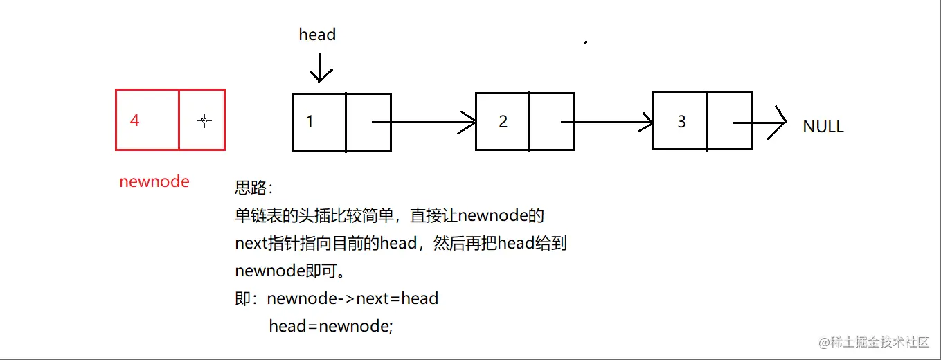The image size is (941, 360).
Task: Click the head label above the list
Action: point(317,35)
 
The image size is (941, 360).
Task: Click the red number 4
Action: point(134,120)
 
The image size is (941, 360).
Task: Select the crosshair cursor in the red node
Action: point(204,121)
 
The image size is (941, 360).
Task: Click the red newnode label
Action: point(154,181)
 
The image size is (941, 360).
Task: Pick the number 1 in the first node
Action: point(310,122)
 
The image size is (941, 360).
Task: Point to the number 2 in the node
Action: point(503,122)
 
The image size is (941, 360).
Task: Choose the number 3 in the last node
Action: point(681,122)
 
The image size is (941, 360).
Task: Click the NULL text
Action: point(823,127)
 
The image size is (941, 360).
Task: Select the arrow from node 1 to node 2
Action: point(424,123)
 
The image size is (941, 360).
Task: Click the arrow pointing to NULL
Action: point(760,123)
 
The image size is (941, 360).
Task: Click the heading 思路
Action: point(254,188)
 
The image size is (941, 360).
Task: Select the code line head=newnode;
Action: point(331,325)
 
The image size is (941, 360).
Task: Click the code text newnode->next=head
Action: point(352,298)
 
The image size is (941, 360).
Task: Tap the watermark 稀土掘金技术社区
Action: point(879,343)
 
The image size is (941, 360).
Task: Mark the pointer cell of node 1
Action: point(368,122)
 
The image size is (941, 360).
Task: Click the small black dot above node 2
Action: point(586,42)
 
